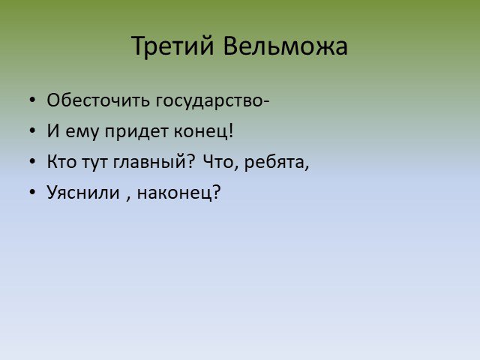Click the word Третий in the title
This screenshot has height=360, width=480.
[172, 46]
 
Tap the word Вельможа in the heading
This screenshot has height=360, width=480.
[285, 46]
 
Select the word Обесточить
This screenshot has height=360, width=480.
[98, 100]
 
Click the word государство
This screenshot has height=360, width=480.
[208, 102]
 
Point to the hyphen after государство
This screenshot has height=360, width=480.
[265, 102]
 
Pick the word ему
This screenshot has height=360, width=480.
[82, 133]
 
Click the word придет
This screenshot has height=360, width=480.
[136, 132]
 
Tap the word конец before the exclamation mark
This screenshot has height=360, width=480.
[200, 132]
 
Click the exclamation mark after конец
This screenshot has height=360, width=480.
[230, 130]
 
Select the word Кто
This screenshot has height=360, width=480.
[61, 161]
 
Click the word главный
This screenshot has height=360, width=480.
[150, 162]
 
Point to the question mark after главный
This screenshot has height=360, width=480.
[190, 161]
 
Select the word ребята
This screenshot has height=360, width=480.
[274, 163]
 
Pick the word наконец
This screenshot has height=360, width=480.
[174, 193]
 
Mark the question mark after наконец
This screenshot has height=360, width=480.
[216, 192]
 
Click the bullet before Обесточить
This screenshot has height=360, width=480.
[32, 100]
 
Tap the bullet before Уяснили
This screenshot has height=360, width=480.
[32, 192]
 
